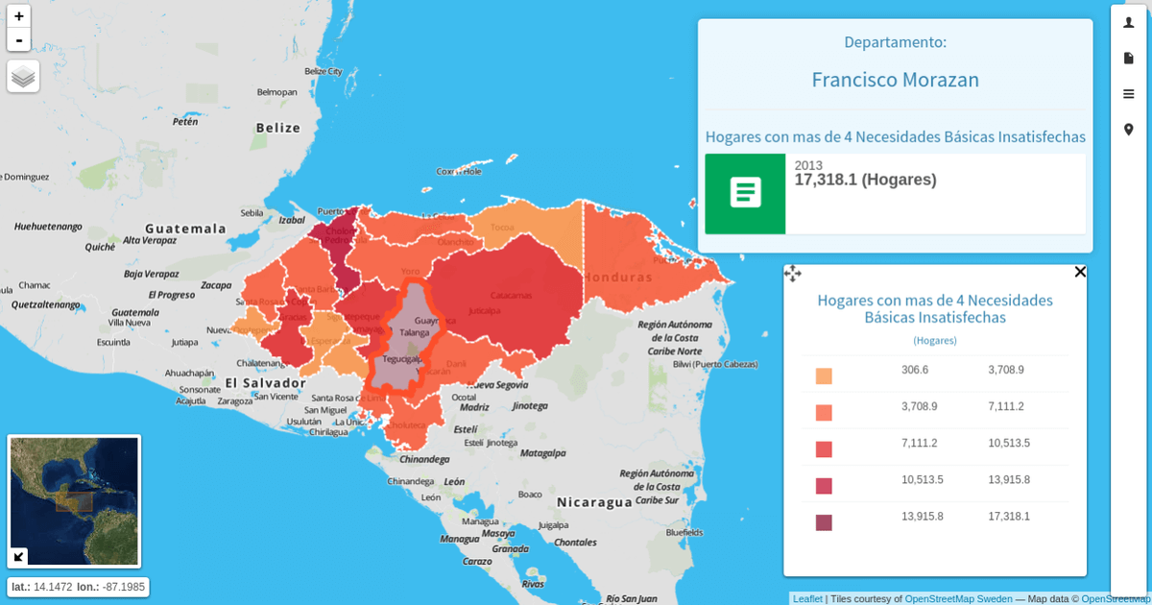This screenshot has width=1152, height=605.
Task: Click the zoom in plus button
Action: point(19,16)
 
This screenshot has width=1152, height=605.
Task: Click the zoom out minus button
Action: point(19,39)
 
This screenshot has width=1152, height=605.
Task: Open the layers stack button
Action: point(23,76)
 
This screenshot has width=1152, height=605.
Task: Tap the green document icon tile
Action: point(745,193)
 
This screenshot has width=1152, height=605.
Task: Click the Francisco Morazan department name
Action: point(895,80)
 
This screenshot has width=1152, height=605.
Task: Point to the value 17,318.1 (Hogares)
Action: point(865,180)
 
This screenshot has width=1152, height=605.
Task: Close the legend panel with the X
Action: point(1080,272)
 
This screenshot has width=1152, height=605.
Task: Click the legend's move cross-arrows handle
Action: point(793,274)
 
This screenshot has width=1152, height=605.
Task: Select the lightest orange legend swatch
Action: point(824,376)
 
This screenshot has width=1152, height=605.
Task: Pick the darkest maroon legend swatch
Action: point(824,522)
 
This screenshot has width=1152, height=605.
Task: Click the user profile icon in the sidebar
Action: point(1129,22)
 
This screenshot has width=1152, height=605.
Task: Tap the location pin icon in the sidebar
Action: point(1129,130)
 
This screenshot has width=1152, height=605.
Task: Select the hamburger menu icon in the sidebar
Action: point(1129,94)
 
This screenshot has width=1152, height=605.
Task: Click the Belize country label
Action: point(278,128)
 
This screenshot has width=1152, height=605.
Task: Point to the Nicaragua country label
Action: point(594,502)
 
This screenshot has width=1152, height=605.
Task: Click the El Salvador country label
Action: point(265,382)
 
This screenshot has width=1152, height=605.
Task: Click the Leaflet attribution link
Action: point(807,598)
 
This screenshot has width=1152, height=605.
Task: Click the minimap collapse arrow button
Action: point(18,556)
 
